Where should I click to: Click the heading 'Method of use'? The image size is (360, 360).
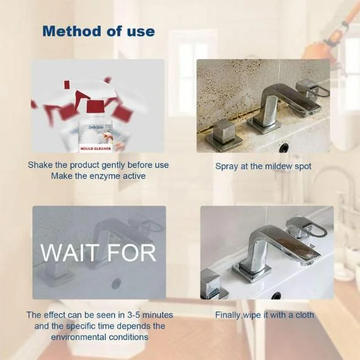coord(98,31)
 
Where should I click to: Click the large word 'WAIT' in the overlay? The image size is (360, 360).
coord(72,252)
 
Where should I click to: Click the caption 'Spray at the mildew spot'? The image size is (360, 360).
coord(263,165)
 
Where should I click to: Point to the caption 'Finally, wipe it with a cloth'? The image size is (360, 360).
coord(264,315)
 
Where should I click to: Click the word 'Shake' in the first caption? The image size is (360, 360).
coord(40,165)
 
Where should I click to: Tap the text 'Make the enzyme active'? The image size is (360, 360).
coord(98,176)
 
